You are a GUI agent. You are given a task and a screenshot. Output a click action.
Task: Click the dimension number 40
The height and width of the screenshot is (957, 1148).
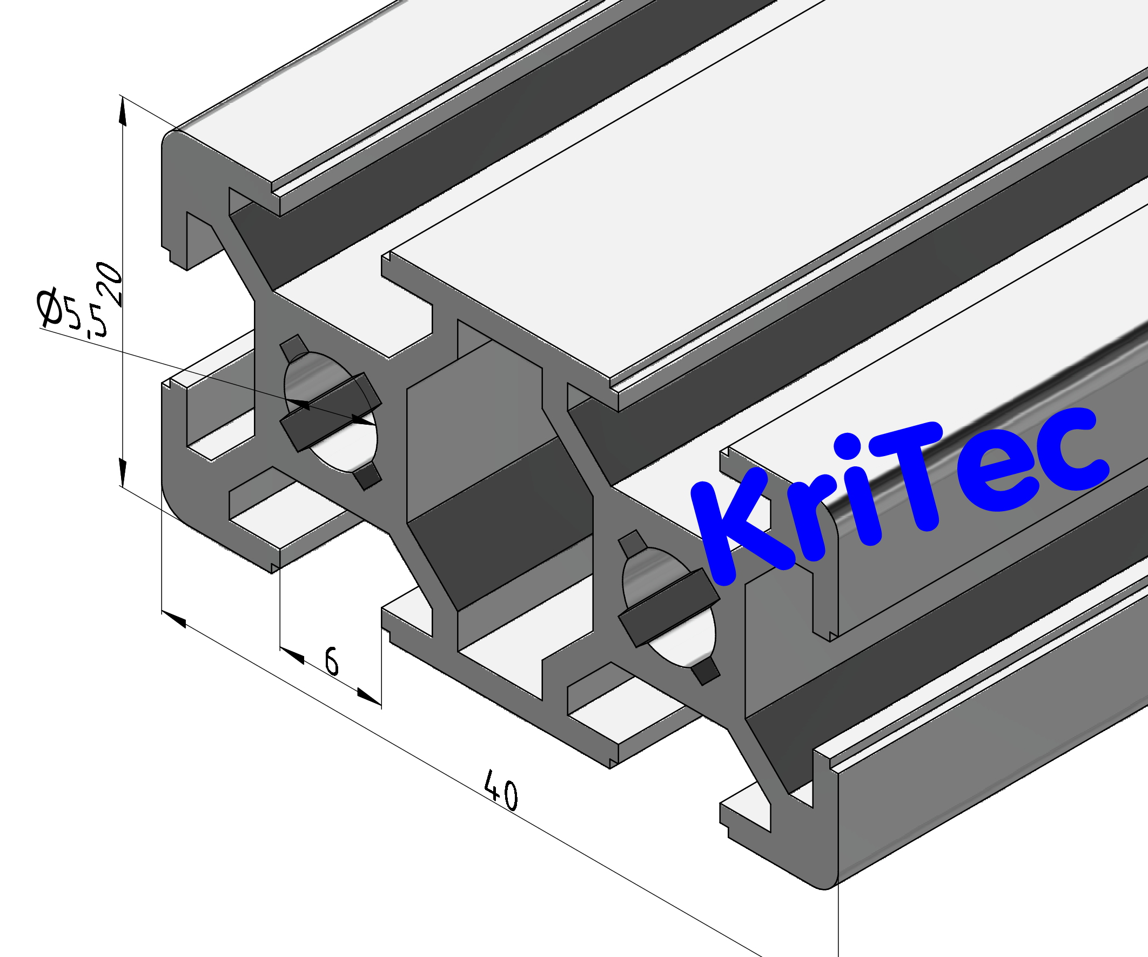click(501, 790)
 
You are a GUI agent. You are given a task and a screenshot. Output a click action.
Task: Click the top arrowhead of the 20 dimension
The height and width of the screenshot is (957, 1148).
click(123, 112)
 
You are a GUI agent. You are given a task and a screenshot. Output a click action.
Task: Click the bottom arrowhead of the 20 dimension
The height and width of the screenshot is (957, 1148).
click(123, 473)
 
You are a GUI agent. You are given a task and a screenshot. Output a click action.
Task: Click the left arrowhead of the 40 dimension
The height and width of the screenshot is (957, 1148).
click(174, 619)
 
